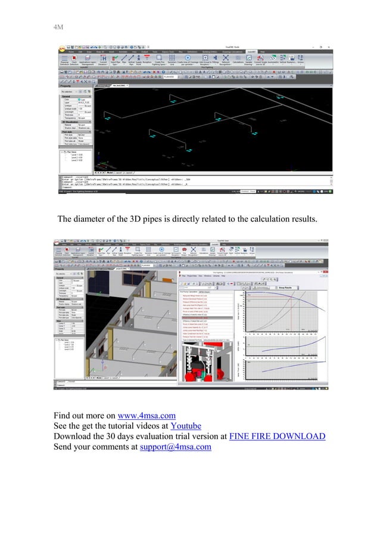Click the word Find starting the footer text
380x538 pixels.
tap(64, 416)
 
